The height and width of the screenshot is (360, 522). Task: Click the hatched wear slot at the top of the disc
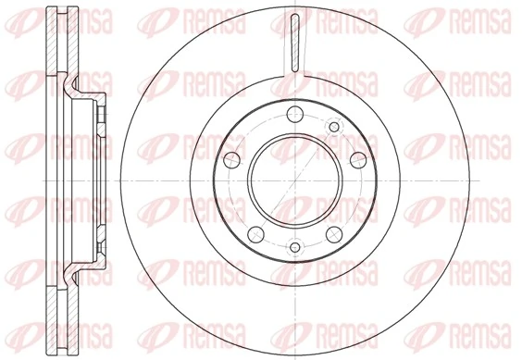[293, 43]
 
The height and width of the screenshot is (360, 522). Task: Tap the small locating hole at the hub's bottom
[293, 247]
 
